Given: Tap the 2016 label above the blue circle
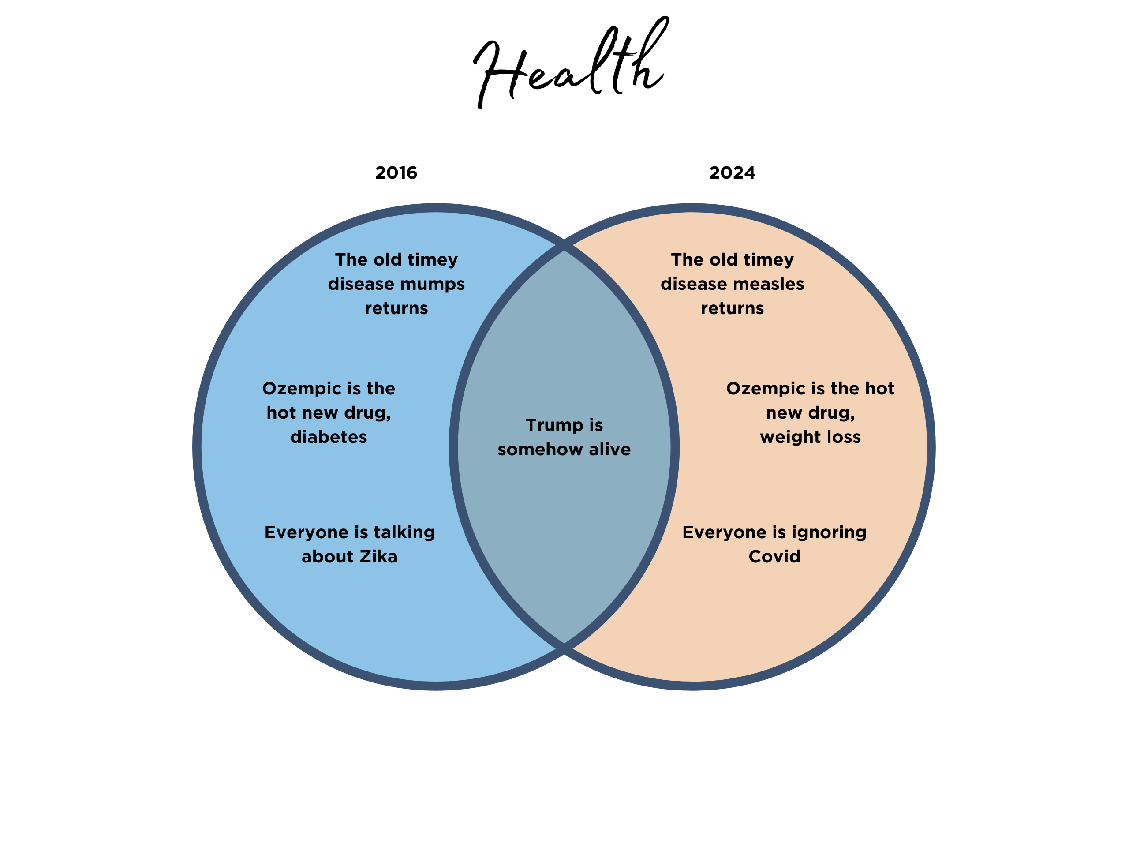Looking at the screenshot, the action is [x=396, y=172].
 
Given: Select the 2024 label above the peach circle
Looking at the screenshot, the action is [x=732, y=172].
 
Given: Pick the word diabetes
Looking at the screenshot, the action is [x=329, y=437].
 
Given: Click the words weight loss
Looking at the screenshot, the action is [x=811, y=438].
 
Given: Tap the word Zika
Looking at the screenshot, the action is [x=379, y=556].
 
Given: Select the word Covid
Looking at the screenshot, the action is [x=774, y=556].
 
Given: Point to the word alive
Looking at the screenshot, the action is [x=610, y=449].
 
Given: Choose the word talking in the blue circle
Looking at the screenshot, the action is [x=404, y=533].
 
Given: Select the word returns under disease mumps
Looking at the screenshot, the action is [x=396, y=308].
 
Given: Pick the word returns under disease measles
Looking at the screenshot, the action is [x=732, y=308].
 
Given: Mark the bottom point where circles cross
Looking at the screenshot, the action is [x=564, y=649].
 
